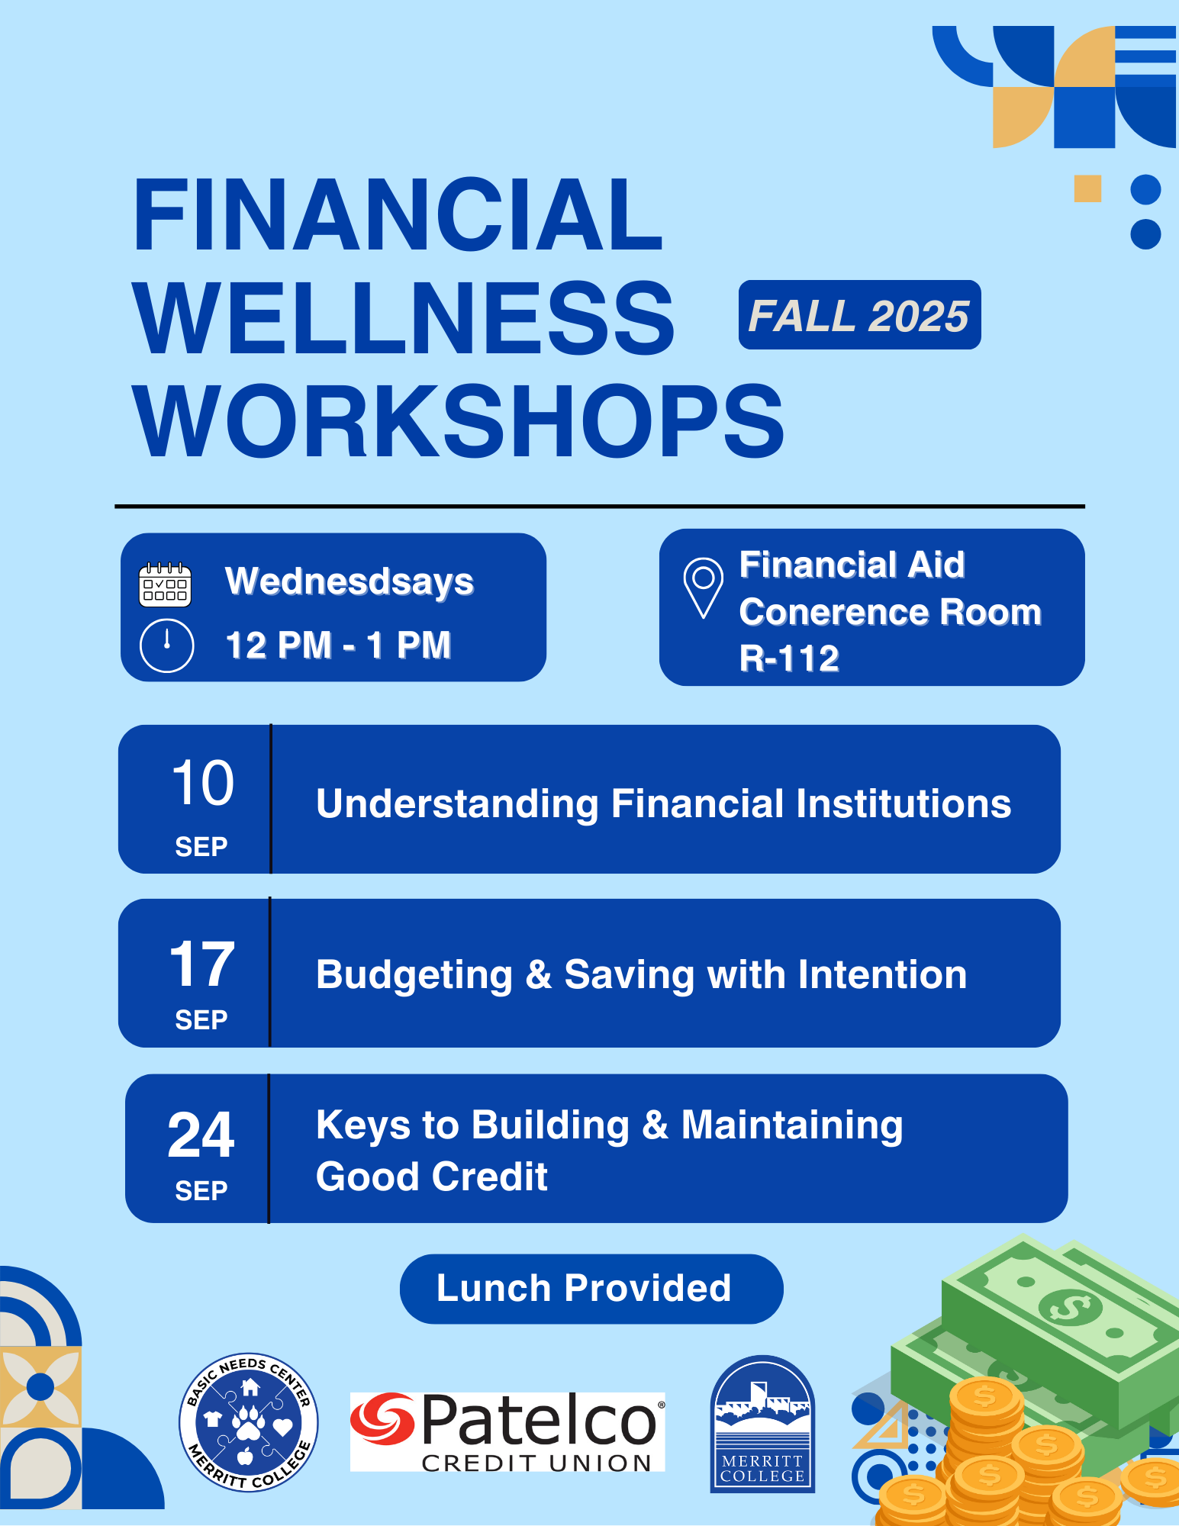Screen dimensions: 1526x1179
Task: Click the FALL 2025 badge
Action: coord(859,315)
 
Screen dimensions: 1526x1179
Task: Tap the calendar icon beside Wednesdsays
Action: coord(165,585)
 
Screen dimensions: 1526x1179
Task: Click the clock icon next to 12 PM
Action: coord(166,645)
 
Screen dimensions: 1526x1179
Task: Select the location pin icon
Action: coord(703,587)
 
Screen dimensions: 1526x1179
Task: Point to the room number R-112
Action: coord(789,658)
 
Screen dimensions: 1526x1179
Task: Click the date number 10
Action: coord(202,783)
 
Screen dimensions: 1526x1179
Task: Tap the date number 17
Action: coord(201,964)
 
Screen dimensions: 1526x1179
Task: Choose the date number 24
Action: coord(201,1135)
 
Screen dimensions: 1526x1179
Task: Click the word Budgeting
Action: coord(414,975)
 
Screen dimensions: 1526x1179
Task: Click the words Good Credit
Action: coord(432,1177)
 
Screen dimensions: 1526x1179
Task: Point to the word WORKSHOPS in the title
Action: coord(458,422)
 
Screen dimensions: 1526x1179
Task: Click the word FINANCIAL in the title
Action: coord(397,215)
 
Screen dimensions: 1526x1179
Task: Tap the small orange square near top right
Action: coord(1087,188)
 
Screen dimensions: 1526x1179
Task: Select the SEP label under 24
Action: coord(201,1190)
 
